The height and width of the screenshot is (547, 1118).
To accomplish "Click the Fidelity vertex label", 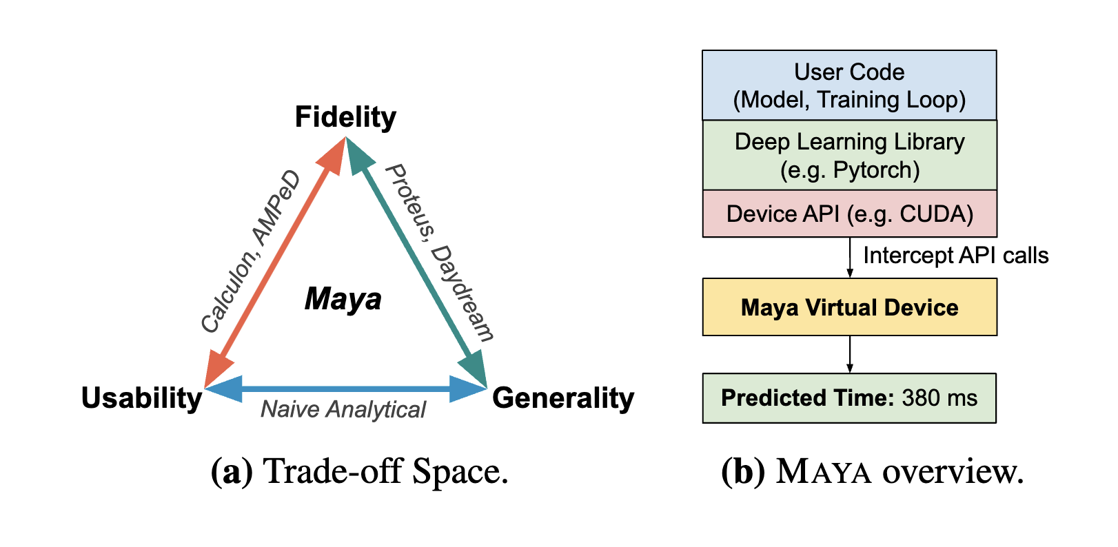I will click(345, 117).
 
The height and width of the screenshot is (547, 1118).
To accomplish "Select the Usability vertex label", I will click(141, 398).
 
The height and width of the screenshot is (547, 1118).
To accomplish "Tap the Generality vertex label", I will click(562, 398).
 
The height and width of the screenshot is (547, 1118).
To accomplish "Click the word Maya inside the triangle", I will click(343, 299).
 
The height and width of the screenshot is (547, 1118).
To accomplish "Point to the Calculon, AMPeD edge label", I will click(250, 251).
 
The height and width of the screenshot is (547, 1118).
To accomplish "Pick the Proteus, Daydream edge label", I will click(439, 253).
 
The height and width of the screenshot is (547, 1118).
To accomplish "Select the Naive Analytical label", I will click(343, 410).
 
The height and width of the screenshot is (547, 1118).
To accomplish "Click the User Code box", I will click(849, 85).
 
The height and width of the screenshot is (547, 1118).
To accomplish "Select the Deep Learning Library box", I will click(849, 156).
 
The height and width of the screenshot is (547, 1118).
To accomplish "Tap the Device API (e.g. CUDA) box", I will click(849, 214).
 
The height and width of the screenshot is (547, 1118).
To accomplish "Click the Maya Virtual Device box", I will click(849, 307).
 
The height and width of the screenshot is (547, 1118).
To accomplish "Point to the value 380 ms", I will click(939, 398).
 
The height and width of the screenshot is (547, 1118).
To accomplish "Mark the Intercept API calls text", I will click(955, 256).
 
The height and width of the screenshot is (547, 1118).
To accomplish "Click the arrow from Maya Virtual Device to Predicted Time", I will click(850, 354).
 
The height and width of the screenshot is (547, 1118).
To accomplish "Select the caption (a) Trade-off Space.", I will click(359, 472).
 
